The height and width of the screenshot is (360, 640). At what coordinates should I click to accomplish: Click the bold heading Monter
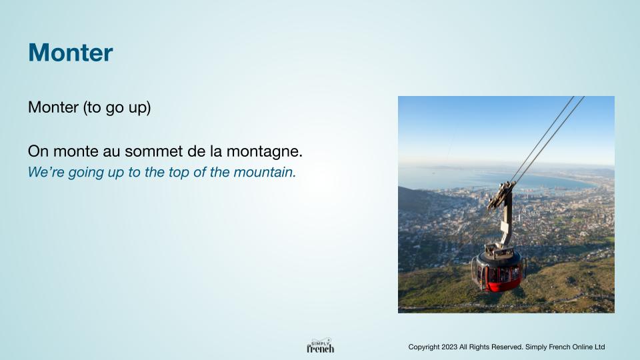[70, 53]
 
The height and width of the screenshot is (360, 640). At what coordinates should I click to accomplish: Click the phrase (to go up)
[117, 108]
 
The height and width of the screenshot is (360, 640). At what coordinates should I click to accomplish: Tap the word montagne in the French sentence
[264, 152]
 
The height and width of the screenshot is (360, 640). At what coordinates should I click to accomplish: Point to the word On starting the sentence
[39, 151]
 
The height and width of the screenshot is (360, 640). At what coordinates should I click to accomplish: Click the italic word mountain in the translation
[265, 172]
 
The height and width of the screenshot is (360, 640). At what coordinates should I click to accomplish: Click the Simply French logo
[321, 345]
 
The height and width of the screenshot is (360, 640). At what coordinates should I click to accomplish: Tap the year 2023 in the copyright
[449, 347]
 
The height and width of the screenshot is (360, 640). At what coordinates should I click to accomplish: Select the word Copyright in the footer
[424, 347]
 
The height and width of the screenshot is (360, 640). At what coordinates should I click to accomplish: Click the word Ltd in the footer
[599, 347]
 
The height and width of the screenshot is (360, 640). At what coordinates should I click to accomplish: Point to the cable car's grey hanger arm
[506, 221]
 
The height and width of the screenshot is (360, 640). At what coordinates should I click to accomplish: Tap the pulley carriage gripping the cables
[501, 194]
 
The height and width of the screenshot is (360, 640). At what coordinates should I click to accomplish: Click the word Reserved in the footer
[508, 347]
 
